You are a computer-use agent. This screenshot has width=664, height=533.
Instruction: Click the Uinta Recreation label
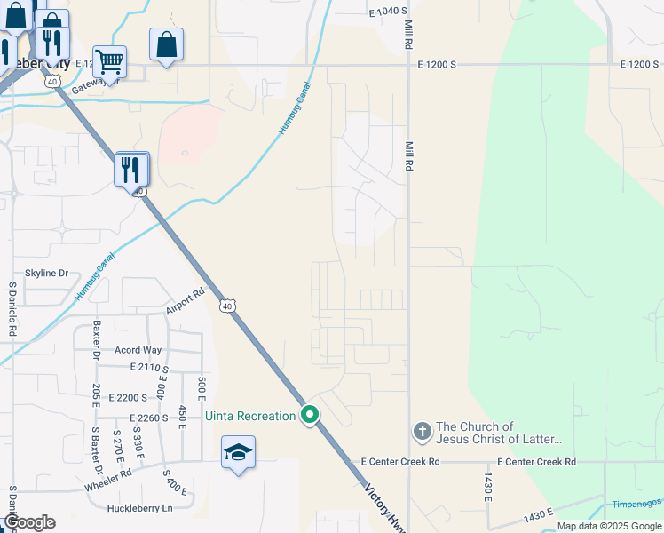(249, 416)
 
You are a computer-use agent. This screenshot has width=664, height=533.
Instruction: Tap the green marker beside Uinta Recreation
(310, 415)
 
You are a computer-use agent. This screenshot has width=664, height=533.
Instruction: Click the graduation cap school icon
(238, 453)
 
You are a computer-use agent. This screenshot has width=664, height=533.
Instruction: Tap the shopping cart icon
(109, 61)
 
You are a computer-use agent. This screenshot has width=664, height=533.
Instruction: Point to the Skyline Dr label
(47, 274)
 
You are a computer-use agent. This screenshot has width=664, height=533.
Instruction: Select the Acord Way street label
(138, 350)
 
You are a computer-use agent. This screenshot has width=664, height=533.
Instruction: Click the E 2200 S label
(130, 397)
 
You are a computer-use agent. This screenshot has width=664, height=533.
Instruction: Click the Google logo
(28, 522)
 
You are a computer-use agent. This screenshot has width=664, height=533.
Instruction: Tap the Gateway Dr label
(96, 82)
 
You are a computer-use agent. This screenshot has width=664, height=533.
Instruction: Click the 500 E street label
(202, 388)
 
